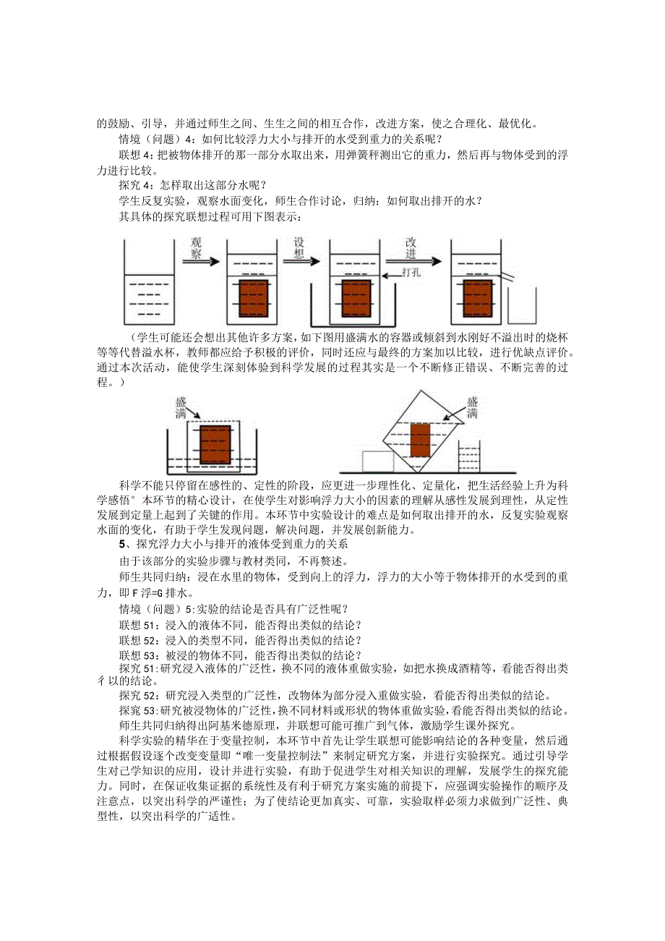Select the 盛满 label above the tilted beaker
[472, 407]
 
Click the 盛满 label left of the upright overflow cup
[181, 407]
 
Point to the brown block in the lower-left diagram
[215, 443]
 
